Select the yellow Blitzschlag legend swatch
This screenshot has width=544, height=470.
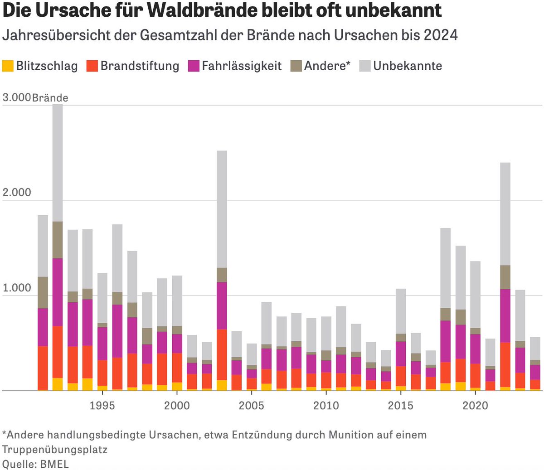[8, 66]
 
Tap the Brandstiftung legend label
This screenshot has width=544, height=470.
[140, 66]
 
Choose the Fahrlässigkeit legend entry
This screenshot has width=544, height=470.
[242, 66]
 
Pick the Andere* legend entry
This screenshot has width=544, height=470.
[327, 66]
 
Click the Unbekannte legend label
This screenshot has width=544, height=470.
[407, 66]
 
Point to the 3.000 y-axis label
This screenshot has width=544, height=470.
[16, 97]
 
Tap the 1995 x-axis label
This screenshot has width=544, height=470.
[102, 405]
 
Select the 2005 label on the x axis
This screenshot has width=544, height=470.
[251, 405]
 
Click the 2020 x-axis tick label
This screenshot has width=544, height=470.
[475, 405]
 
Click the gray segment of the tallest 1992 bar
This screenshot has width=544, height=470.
[58, 163]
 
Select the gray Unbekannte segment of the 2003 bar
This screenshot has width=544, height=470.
[222, 208]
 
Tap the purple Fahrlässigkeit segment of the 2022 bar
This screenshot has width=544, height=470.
[505, 315]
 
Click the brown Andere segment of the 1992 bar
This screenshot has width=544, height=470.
[58, 240]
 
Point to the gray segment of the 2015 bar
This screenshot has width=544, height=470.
[400, 311]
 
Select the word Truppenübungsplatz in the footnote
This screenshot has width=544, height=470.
[54, 450]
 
